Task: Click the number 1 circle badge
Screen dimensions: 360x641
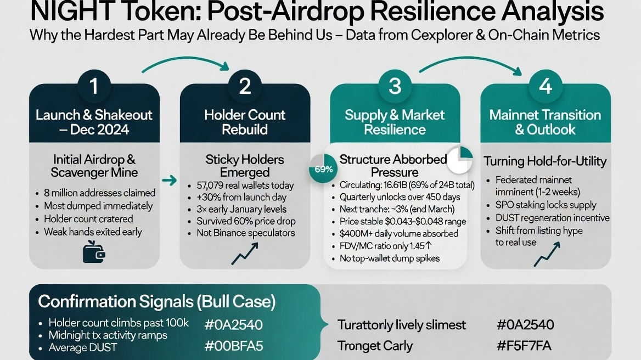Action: (x=94, y=87)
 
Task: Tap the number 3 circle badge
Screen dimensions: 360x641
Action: (x=395, y=87)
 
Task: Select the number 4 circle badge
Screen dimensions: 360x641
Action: (x=545, y=87)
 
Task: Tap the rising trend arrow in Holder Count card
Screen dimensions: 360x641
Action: (x=245, y=254)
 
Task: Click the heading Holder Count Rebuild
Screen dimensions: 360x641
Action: (x=245, y=122)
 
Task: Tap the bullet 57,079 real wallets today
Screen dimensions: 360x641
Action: (x=245, y=185)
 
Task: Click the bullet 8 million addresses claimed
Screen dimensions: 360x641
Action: (x=99, y=193)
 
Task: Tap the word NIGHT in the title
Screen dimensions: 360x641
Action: (x=65, y=12)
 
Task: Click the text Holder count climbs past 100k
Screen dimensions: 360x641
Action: (x=118, y=323)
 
